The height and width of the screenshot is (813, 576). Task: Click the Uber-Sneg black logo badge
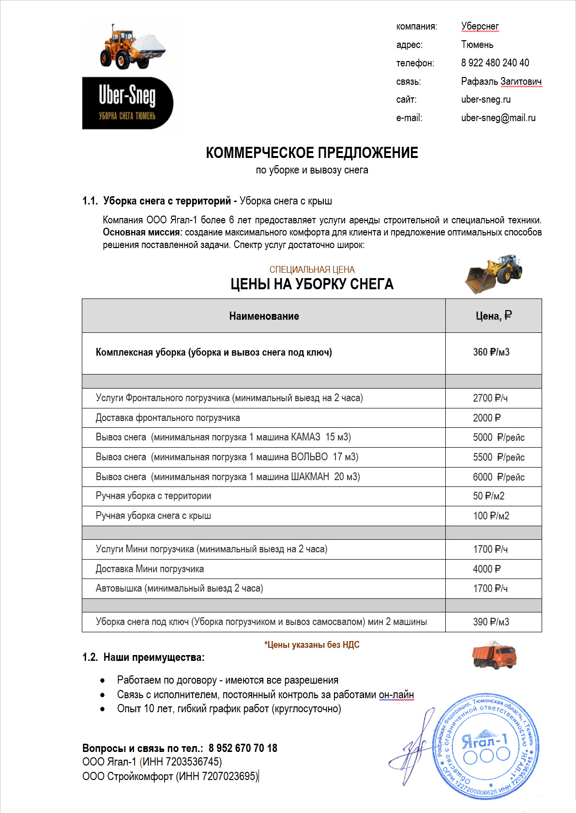[x=127, y=103]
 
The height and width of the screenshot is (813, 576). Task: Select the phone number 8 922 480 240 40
[x=495, y=63]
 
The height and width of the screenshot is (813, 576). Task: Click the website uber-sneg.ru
[x=485, y=99]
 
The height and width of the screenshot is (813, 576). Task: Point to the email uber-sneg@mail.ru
[x=498, y=118]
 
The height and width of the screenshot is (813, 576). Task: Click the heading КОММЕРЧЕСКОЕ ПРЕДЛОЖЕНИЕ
[x=312, y=153]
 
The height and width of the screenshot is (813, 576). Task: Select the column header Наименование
[x=264, y=316]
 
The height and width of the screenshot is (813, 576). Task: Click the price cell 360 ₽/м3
[x=491, y=352]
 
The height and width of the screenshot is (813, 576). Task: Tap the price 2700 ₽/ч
[x=490, y=398]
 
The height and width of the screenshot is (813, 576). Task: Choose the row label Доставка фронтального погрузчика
[x=167, y=418]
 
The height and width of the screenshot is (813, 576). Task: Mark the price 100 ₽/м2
[x=491, y=516]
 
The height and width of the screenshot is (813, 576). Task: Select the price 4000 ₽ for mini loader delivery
[x=486, y=569]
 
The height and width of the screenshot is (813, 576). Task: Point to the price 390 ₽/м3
[x=491, y=622]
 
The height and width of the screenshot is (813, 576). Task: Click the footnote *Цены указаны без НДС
[x=312, y=645]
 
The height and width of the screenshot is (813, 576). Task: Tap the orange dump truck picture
[x=494, y=656]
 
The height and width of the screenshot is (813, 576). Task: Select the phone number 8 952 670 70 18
[x=243, y=748]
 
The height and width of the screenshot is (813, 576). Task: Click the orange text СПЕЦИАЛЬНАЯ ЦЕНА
[x=312, y=270]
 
